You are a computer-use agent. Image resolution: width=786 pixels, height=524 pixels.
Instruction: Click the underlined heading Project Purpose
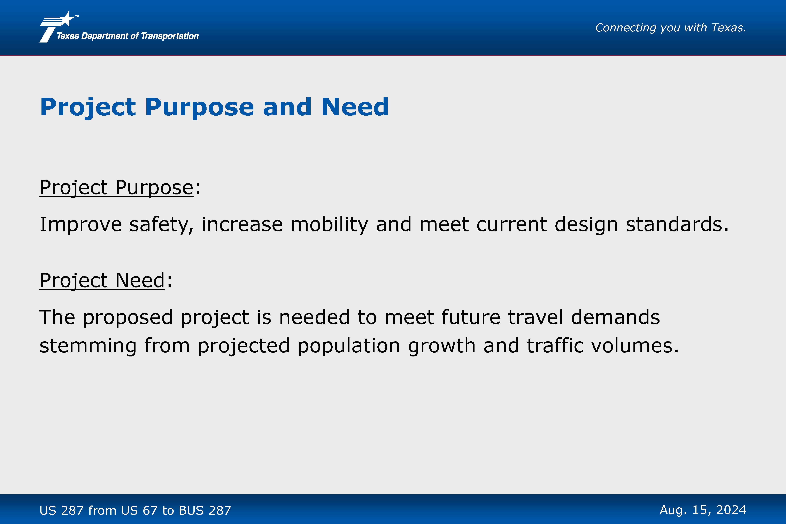click(x=116, y=188)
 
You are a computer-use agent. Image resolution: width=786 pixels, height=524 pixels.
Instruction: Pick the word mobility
click(x=329, y=225)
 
